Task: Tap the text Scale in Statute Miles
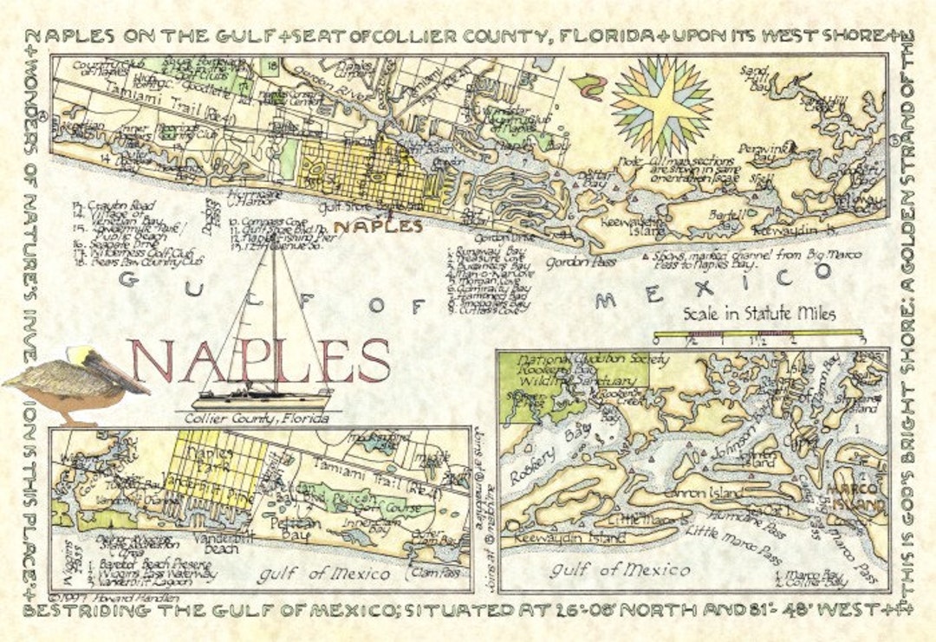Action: (x=759, y=314)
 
